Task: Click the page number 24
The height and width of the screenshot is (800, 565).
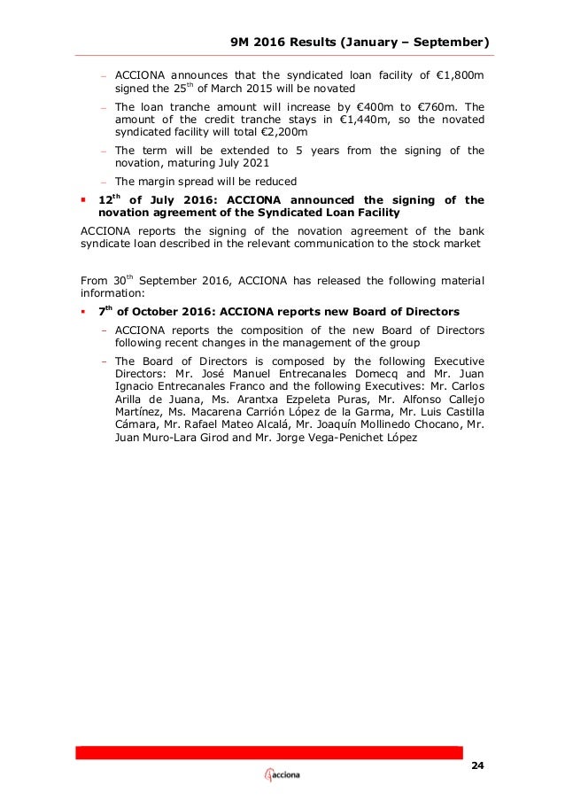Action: tap(479, 765)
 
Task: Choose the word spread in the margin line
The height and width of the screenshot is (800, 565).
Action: tap(193, 182)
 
